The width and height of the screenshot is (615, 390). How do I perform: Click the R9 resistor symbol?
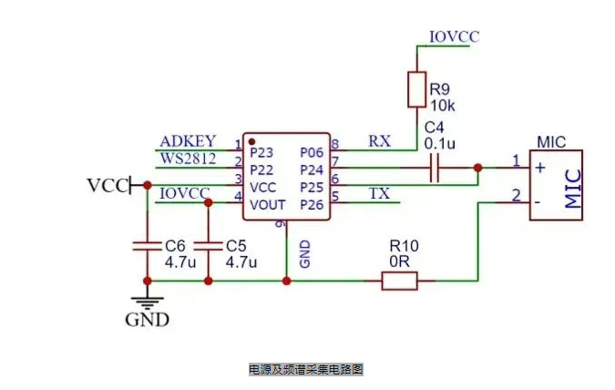pyautogui.click(x=416, y=90)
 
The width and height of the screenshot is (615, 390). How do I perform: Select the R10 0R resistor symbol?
pyautogui.click(x=399, y=281)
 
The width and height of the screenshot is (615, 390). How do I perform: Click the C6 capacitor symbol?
pyautogui.click(x=146, y=246)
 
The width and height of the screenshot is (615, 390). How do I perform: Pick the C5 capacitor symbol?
pyautogui.click(x=208, y=246)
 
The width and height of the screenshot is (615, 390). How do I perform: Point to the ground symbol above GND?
pyautogui.click(x=146, y=302)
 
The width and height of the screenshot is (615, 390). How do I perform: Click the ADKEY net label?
pyautogui.click(x=188, y=141)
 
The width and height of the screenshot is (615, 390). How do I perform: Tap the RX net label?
pyautogui.click(x=379, y=141)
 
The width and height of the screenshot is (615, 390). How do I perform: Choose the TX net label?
pyautogui.click(x=379, y=194)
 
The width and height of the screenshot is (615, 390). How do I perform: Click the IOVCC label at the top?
pyautogui.click(x=453, y=36)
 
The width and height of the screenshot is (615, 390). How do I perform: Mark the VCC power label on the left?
pyautogui.click(x=108, y=185)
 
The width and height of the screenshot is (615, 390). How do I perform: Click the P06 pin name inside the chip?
pyautogui.click(x=312, y=152)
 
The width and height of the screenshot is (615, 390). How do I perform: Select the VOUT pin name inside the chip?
pyautogui.click(x=268, y=204)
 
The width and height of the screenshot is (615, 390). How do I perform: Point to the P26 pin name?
pyautogui.click(x=312, y=204)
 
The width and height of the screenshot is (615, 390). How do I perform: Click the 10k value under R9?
pyautogui.click(x=443, y=105)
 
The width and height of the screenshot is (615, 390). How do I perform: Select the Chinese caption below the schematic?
pyautogui.click(x=306, y=370)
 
